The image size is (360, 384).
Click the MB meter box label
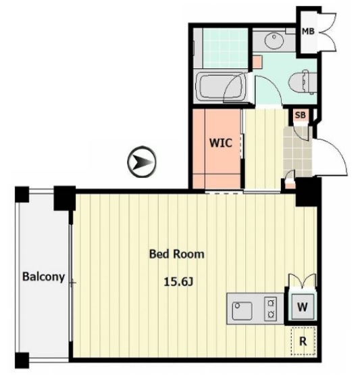(x=308, y=31)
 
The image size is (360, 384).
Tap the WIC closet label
(x=221, y=143)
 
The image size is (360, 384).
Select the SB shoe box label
(x=301, y=115)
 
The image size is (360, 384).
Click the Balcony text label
(x=43, y=277)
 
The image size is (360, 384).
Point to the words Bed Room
(x=177, y=254)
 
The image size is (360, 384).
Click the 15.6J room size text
(x=178, y=282)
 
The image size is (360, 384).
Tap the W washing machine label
(x=303, y=307)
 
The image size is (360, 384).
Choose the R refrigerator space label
(x=303, y=341)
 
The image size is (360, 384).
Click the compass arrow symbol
(x=142, y=162)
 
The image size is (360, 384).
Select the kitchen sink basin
(x=242, y=311)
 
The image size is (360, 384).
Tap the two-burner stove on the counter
(x=270, y=309)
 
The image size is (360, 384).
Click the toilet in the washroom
(x=303, y=82)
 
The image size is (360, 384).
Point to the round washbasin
(x=274, y=40)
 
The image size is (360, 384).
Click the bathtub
(x=222, y=87)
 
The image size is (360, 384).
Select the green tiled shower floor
(x=226, y=48)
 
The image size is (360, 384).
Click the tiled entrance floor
(x=297, y=152)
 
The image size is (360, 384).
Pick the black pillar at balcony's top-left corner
(x=22, y=195)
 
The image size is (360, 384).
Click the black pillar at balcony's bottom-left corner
(x=22, y=360)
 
